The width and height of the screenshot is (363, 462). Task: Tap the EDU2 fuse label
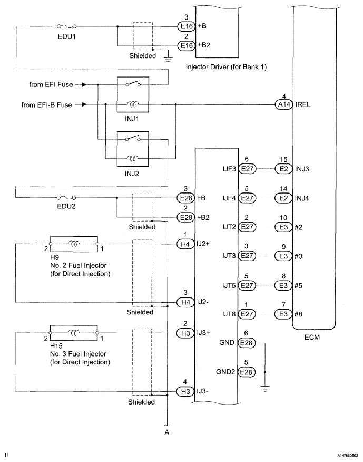click(x=66, y=207)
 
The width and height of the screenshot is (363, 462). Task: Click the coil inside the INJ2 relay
click(x=132, y=157)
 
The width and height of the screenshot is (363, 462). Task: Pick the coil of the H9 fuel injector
click(x=73, y=244)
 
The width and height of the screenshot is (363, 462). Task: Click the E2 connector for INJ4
click(x=283, y=198)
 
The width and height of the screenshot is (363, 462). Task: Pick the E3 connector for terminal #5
click(x=283, y=285)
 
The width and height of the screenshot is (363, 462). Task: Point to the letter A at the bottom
click(x=167, y=431)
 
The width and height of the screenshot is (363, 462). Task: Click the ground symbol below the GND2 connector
click(x=265, y=389)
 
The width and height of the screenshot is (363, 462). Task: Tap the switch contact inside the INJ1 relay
click(x=132, y=84)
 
